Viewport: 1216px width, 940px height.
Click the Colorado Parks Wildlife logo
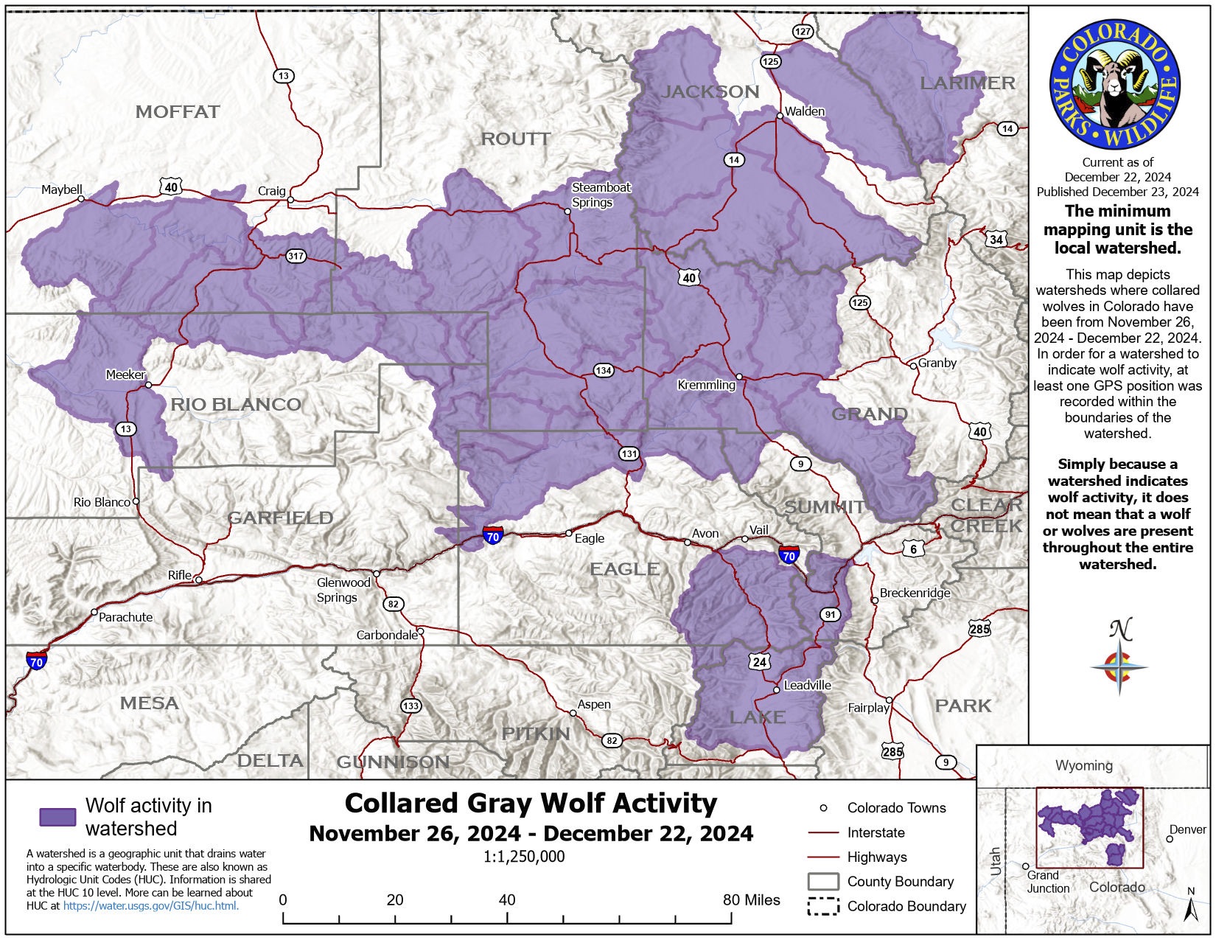(1114, 85)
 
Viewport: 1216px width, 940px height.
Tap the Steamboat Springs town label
(601, 195)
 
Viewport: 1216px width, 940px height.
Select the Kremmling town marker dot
(739, 377)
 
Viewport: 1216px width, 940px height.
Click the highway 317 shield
(296, 256)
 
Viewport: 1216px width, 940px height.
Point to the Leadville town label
(807, 685)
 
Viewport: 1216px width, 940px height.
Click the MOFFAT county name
(178, 112)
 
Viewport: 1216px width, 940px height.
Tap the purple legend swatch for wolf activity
(57, 816)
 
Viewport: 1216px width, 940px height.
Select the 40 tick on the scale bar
(507, 900)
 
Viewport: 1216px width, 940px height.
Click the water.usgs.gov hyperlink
(150, 905)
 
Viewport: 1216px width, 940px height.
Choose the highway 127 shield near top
(803, 31)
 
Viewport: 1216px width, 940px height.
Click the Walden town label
(805, 111)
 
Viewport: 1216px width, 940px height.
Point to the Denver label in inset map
(1188, 829)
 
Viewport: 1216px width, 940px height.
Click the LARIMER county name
(967, 83)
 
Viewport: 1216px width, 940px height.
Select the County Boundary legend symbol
(822, 882)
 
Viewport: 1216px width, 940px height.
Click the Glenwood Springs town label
(343, 590)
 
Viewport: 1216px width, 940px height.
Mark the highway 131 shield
(629, 453)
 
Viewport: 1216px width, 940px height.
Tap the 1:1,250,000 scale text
(524, 857)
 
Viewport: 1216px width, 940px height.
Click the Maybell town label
(62, 189)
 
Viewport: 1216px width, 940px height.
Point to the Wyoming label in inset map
(1083, 765)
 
